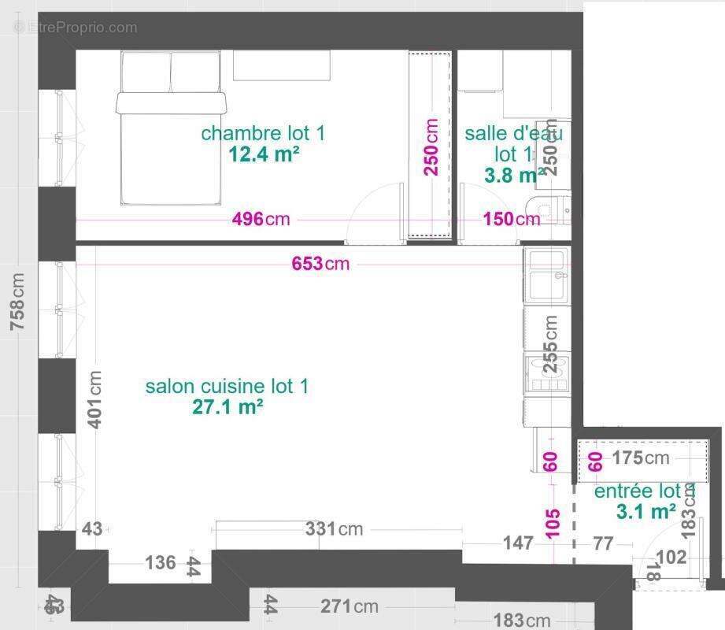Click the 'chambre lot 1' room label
(x=262, y=133)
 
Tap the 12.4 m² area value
(x=264, y=154)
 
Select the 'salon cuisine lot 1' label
(x=227, y=387)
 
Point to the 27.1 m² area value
(x=227, y=407)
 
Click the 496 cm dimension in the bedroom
(x=261, y=219)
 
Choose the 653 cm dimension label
(x=320, y=264)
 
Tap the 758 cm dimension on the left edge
(x=17, y=302)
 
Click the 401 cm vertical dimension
(x=94, y=399)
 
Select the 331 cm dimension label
(x=334, y=529)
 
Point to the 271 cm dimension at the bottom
(x=349, y=606)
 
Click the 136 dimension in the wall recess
(x=161, y=563)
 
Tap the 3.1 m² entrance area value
(x=645, y=512)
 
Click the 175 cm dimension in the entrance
(x=640, y=458)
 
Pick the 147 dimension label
(x=518, y=543)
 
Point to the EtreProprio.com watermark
(x=76, y=28)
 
